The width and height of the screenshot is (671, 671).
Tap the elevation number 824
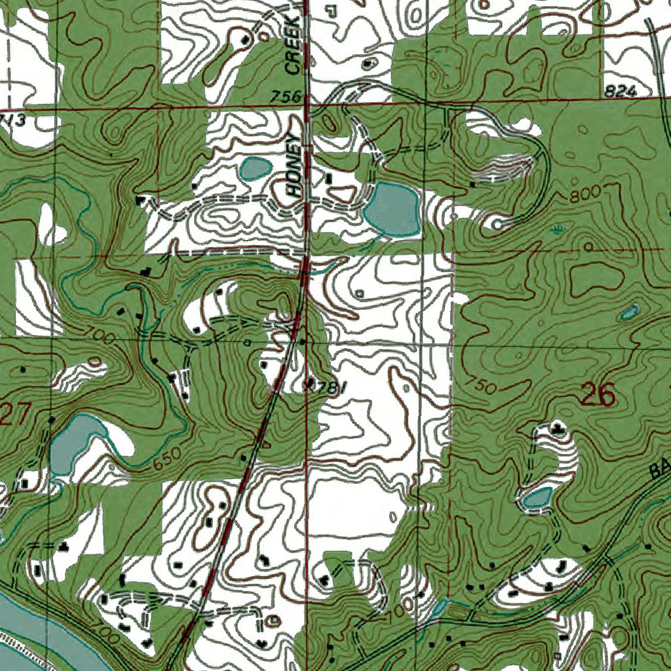pos(621,92)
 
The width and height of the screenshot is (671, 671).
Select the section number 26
pos(598,395)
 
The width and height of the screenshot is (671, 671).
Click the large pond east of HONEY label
pos(392,209)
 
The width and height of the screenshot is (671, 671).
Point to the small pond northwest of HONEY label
pos(254,169)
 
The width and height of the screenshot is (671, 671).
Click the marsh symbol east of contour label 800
pos(557,229)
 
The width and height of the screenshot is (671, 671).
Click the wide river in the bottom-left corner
pos(26,623)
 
